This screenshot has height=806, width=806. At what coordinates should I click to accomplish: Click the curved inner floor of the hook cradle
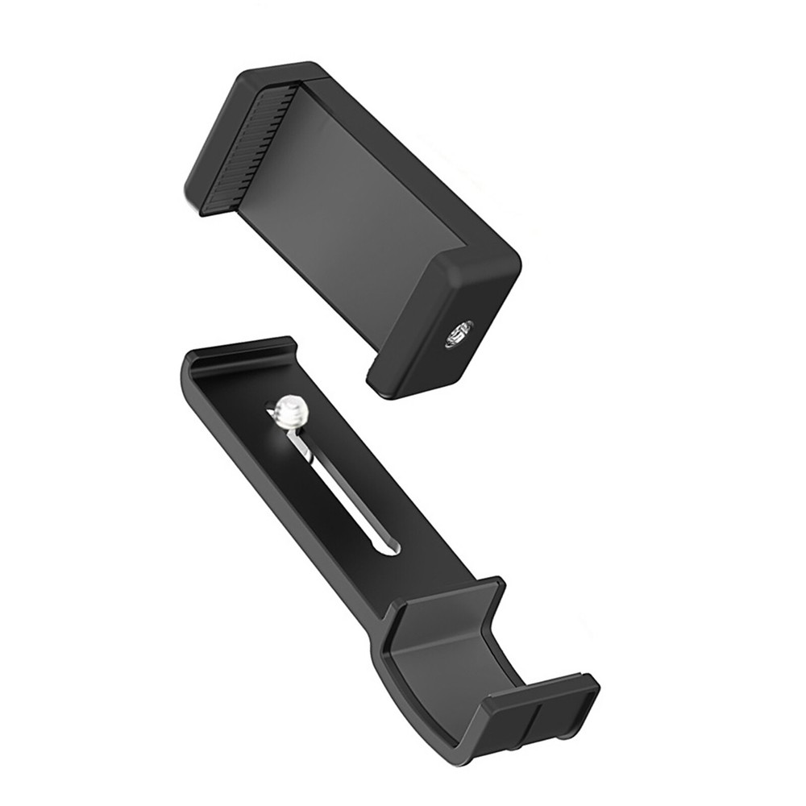pyautogui.click(x=451, y=661)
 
